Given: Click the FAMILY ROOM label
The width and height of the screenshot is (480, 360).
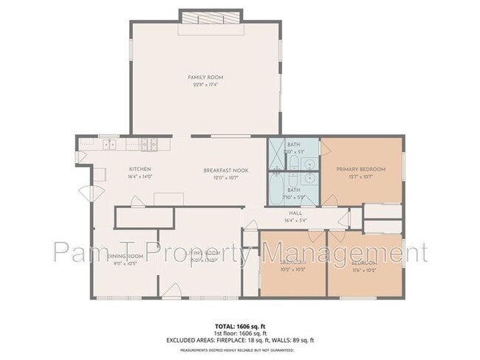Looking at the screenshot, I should tap(205, 77).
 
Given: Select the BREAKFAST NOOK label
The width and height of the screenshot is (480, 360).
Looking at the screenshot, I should tap(226, 170).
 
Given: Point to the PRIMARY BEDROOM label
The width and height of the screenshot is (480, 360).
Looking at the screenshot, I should tap(361, 169).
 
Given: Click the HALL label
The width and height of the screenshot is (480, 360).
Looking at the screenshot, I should tap(295, 212).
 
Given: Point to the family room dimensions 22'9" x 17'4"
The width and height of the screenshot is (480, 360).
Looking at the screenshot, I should tap(205, 84).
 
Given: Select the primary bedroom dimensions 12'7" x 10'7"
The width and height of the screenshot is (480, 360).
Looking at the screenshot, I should tap(361, 176).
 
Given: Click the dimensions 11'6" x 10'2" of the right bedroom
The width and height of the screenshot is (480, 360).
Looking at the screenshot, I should tap(365, 269).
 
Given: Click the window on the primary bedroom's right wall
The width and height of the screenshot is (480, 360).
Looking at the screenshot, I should tap(404, 167).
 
